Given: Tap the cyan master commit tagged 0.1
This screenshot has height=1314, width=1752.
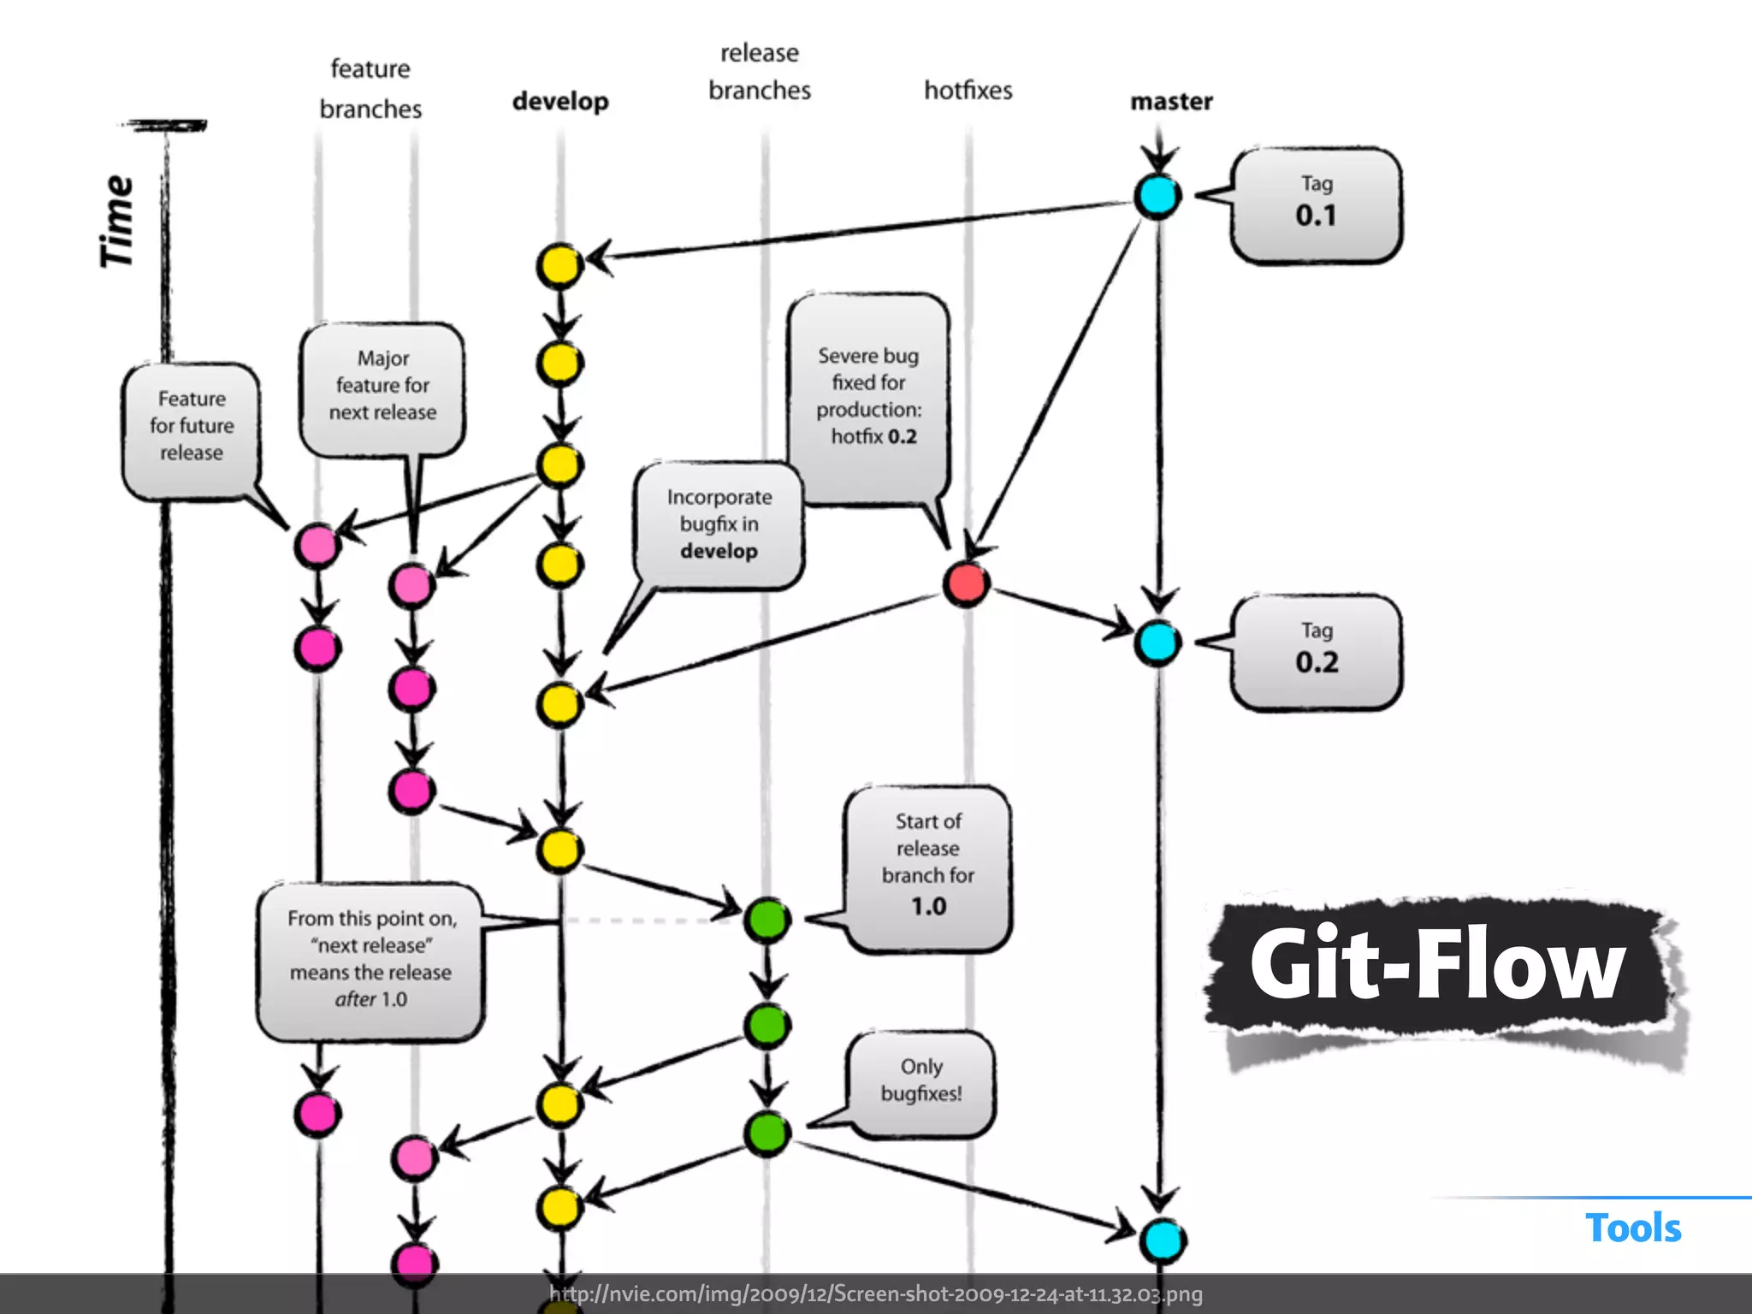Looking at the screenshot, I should tap(1157, 196).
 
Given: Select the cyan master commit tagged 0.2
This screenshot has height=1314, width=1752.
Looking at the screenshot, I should tap(1157, 643).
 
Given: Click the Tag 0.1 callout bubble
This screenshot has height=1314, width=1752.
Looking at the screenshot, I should tap(1316, 205).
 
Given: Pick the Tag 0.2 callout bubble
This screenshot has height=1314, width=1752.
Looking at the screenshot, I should tap(1316, 652).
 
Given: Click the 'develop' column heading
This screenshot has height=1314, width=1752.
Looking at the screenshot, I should tap(560, 101).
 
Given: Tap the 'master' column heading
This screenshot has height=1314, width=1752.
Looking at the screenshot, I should tap(1171, 101).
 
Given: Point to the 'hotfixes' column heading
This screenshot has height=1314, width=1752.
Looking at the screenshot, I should tap(968, 90).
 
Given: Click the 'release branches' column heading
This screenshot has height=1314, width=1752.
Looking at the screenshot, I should tap(759, 72).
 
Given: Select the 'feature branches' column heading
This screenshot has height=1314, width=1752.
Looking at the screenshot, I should tap(370, 89).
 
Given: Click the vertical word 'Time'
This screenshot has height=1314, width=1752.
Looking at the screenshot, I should tap(117, 222).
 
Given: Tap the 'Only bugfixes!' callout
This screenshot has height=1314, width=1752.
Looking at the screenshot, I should tap(921, 1081).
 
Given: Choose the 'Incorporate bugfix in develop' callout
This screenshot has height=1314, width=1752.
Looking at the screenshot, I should tap(719, 524).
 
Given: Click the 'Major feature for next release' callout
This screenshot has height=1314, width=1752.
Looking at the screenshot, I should tap(382, 387).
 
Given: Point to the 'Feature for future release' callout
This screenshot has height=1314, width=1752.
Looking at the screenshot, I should tap(191, 427).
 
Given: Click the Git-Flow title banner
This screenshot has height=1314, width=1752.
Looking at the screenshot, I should tap(1437, 965).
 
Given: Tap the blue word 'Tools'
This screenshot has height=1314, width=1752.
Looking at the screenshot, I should tap(1632, 1228).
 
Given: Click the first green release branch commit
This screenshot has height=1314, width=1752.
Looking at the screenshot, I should tap(766, 920).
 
